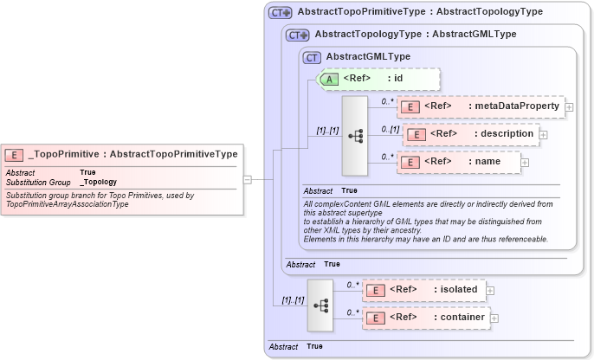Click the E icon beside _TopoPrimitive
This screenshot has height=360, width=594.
[x=15, y=155]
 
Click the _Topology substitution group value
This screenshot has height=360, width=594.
[x=98, y=183]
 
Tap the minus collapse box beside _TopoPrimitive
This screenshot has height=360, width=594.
[x=248, y=180]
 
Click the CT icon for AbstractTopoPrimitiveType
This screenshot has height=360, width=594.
[x=280, y=13]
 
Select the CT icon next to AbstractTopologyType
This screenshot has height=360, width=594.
[x=298, y=35]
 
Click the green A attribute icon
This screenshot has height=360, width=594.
[x=329, y=79]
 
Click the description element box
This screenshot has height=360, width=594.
[x=471, y=134]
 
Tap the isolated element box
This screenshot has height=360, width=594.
[x=423, y=290]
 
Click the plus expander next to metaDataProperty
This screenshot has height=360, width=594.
[x=569, y=106]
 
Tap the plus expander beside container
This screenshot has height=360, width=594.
[x=494, y=318]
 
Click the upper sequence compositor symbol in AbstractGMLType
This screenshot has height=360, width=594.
[x=355, y=136]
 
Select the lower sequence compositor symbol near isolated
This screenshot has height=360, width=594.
[x=320, y=305]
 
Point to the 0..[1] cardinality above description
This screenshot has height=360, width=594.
[x=390, y=129]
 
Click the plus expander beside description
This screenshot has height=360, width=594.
[x=543, y=134]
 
